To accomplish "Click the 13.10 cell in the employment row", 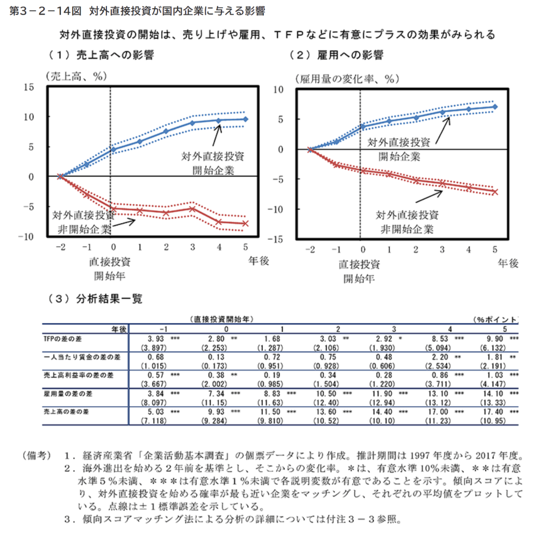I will (x=442, y=393).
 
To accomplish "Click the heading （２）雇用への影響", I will (x=336, y=55).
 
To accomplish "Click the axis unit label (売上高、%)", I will (x=73, y=75).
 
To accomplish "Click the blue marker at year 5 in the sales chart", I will (x=246, y=119).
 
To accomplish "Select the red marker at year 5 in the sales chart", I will (x=246, y=223).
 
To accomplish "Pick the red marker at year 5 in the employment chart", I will (x=495, y=192).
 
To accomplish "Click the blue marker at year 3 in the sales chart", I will (x=192, y=123).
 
